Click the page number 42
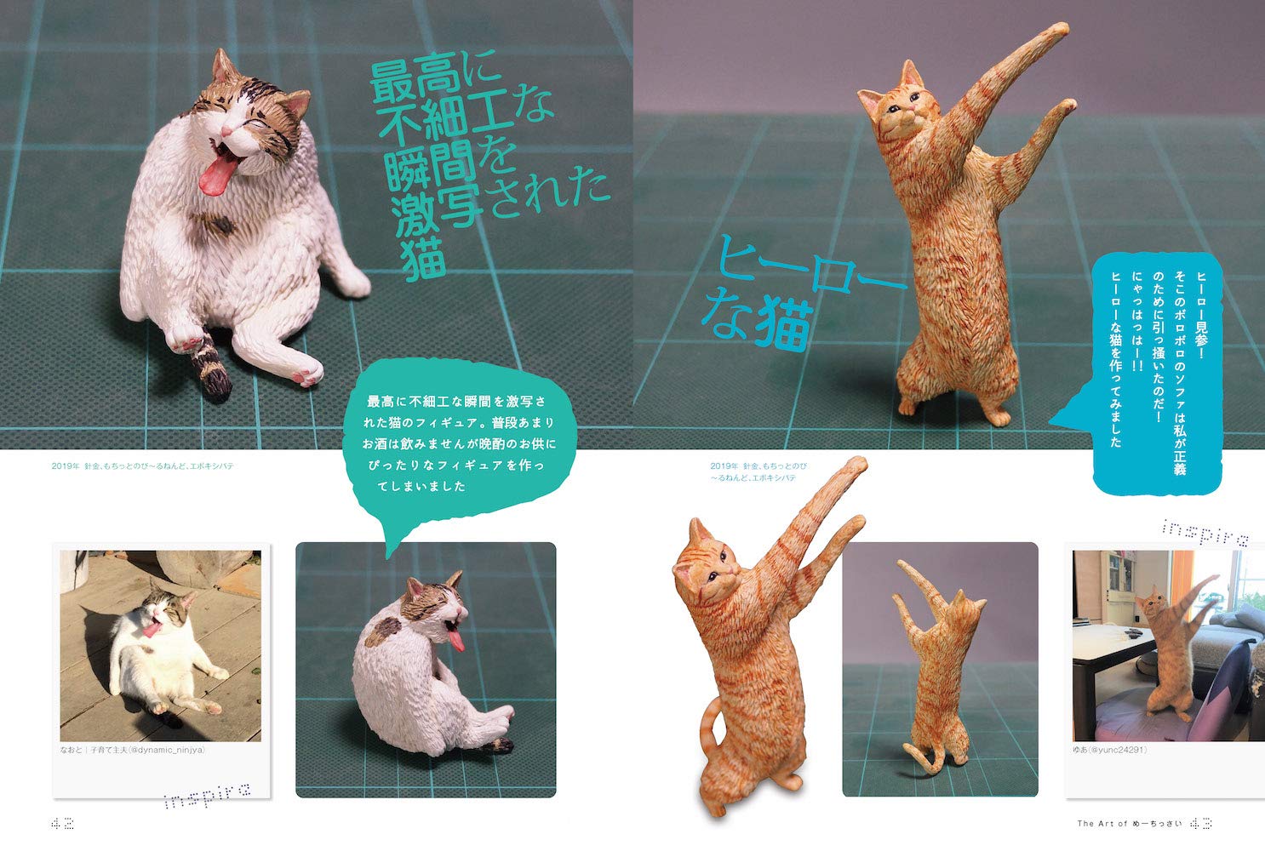coord(62,824)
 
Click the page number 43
coord(1200,824)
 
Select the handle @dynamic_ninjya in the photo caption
coord(167,750)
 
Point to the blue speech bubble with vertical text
coord(1152,373)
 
